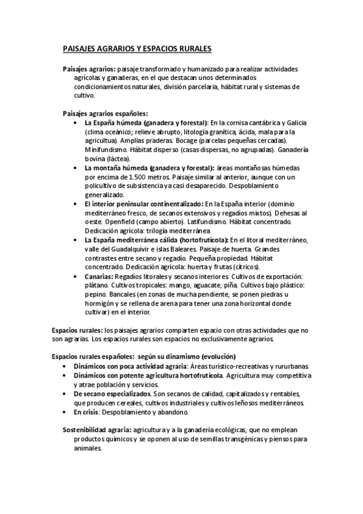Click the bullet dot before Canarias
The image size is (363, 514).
point(75,276)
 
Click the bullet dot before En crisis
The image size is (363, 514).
point(65,412)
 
